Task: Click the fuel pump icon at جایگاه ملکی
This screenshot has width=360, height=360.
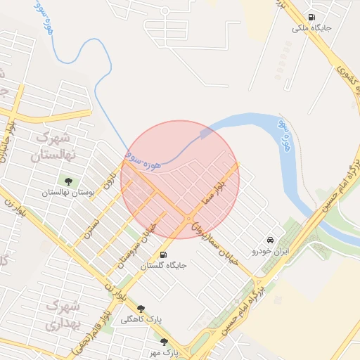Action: (311, 18)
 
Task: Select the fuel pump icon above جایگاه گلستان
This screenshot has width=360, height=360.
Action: (164, 255)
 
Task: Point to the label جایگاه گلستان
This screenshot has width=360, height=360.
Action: (163, 266)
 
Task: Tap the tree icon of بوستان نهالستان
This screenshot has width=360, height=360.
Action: (68, 181)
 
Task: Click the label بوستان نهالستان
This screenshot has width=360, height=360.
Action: (67, 193)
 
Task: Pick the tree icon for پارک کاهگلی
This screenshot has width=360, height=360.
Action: (141, 308)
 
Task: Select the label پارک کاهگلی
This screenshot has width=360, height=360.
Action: (141, 319)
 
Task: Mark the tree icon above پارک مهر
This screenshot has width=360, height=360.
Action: (165, 341)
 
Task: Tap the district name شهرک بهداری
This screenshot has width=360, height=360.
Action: (63, 316)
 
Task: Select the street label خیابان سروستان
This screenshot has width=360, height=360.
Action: (143, 241)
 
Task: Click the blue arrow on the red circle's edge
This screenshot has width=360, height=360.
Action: (205, 132)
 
